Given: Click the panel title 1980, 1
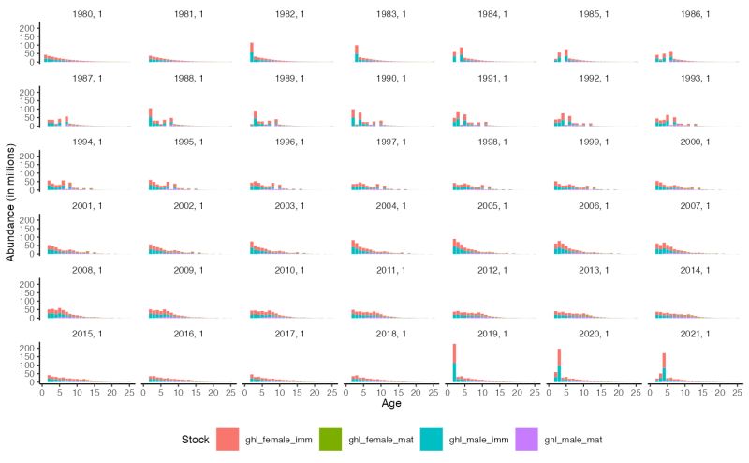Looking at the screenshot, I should point(87,14).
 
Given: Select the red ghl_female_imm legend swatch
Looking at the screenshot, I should point(229,438).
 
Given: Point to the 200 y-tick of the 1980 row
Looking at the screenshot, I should point(27,28).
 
